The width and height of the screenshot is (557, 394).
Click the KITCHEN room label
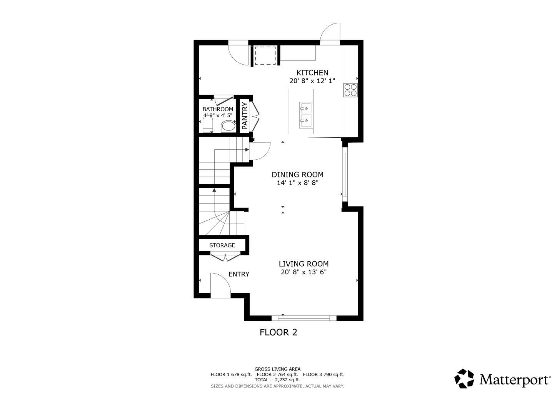pyautogui.click(x=312, y=73)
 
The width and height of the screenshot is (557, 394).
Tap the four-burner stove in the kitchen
pyautogui.click(x=350, y=90)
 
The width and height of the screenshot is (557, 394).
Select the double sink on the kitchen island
pyautogui.click(x=306, y=115)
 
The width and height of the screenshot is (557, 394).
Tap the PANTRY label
pyautogui.click(x=245, y=116)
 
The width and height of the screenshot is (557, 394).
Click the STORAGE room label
pyautogui.click(x=222, y=245)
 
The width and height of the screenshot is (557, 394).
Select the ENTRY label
pyautogui.click(x=239, y=274)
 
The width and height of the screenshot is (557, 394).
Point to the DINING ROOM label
pyautogui.click(x=297, y=175)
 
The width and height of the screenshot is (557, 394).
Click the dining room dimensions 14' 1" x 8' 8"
pyautogui.click(x=298, y=183)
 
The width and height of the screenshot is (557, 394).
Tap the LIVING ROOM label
pyautogui.click(x=304, y=264)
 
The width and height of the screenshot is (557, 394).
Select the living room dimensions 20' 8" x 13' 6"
pyautogui.click(x=304, y=272)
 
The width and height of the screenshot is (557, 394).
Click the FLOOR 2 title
pyautogui.click(x=278, y=332)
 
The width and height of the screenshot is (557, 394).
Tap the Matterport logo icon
pyautogui.click(x=464, y=379)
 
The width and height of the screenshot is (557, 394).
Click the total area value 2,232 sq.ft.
pyautogui.click(x=287, y=380)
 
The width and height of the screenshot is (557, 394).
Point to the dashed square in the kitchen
pyautogui.click(x=265, y=55)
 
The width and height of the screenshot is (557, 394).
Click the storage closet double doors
pyautogui.click(x=225, y=257)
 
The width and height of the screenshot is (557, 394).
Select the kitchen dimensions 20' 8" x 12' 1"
pyautogui.click(x=312, y=81)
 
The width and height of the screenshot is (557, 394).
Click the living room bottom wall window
pyautogui.click(x=304, y=318)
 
